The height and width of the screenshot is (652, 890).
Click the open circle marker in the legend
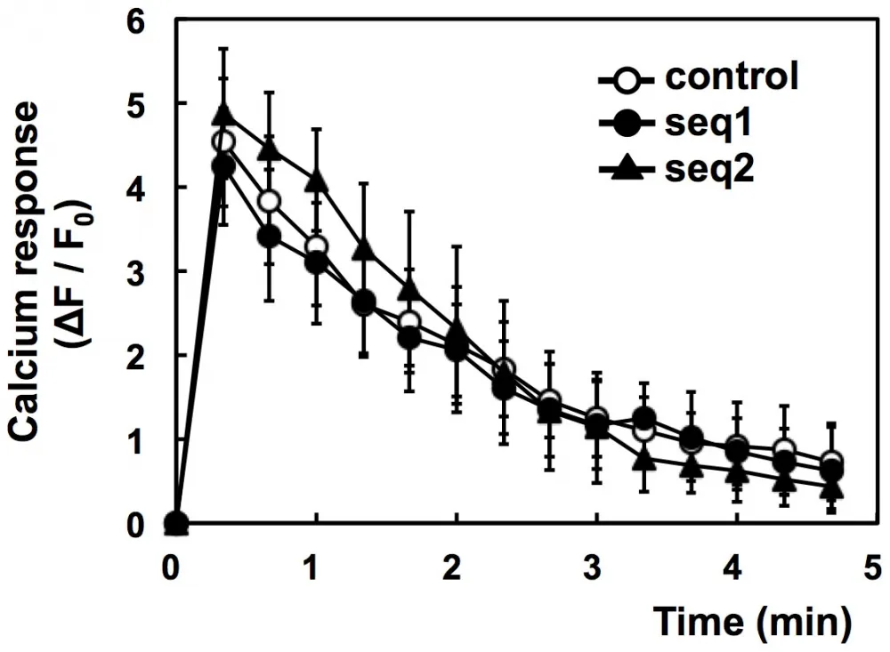pos(628,78)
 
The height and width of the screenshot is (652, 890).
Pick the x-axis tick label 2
pos(456,567)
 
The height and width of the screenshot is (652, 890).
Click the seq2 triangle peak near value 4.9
pos(223,114)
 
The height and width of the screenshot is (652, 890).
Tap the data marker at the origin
pos(176,524)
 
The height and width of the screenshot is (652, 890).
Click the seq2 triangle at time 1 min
pos(316,181)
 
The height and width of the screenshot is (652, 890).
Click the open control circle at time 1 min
pos(316,246)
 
